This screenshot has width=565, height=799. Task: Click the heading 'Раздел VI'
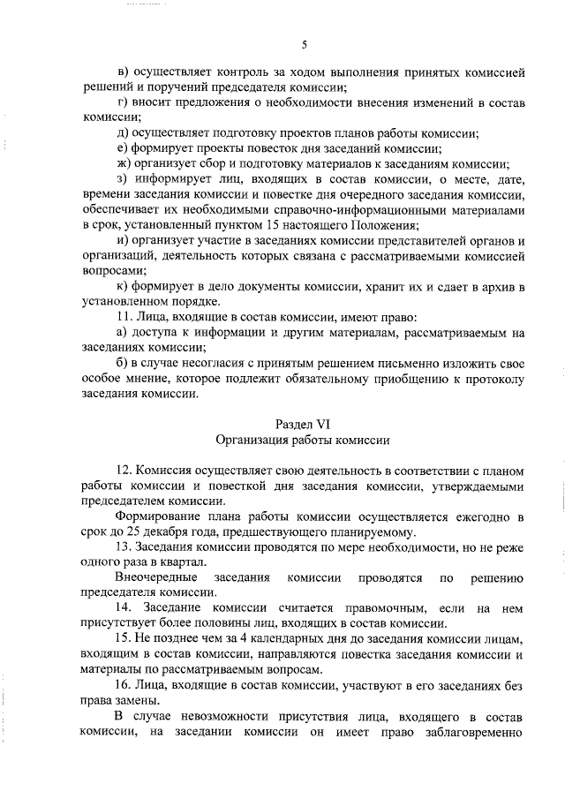pyautogui.click(x=303, y=424)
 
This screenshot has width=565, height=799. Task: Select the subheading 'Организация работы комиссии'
pyautogui.click(x=303, y=440)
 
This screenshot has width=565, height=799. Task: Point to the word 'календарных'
pyautogui.click(x=298, y=638)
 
